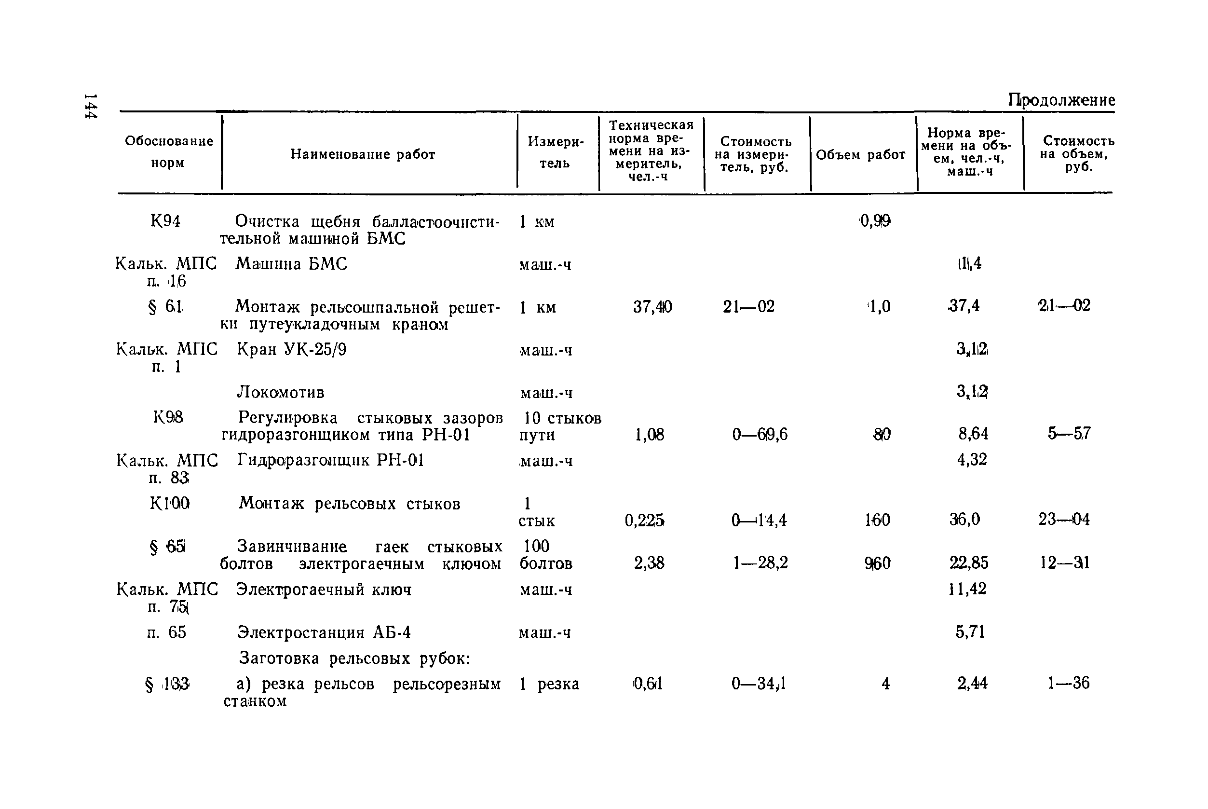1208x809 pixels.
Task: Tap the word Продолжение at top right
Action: tap(1061, 99)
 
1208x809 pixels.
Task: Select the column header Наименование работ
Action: tap(363, 154)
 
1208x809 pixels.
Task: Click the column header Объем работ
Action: tap(860, 155)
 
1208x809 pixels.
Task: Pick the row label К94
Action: tap(165, 221)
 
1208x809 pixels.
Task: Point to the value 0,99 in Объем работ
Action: tap(875, 221)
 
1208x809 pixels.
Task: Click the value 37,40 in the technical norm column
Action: tap(652, 307)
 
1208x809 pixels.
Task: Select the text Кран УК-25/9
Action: tap(291, 350)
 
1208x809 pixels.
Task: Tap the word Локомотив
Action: tap(281, 393)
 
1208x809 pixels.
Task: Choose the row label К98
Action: tap(168, 417)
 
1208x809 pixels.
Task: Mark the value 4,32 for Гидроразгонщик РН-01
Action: tap(972, 459)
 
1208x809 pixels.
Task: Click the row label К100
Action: tap(170, 503)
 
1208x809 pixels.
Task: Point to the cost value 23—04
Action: tap(1064, 519)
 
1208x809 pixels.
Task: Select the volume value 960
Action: tap(877, 563)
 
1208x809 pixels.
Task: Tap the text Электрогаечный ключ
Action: tap(324, 589)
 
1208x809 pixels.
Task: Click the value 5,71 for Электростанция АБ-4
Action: tap(970, 631)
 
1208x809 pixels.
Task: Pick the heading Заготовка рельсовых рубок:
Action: tap(355, 658)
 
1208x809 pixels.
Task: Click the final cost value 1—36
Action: tap(1068, 683)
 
